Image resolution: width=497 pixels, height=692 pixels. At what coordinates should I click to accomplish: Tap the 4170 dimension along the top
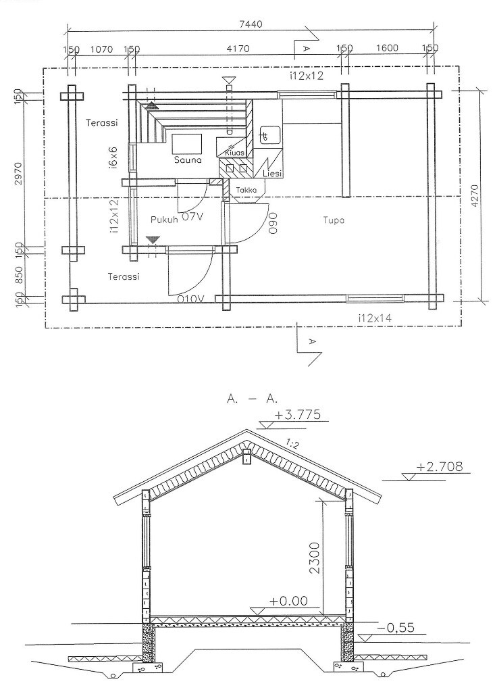click(x=238, y=49)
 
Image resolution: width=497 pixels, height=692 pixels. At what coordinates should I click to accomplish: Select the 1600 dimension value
click(x=387, y=48)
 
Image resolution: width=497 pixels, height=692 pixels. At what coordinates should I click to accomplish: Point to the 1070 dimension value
click(x=101, y=49)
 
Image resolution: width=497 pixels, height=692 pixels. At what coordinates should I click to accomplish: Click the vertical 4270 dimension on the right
click(x=475, y=195)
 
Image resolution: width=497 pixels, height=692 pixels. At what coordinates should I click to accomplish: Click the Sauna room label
click(x=188, y=159)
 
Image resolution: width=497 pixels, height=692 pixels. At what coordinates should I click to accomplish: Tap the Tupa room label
click(x=334, y=220)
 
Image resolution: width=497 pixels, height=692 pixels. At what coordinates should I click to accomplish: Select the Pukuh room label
click(x=163, y=220)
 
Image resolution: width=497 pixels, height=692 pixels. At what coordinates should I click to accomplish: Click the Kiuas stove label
click(x=234, y=153)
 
